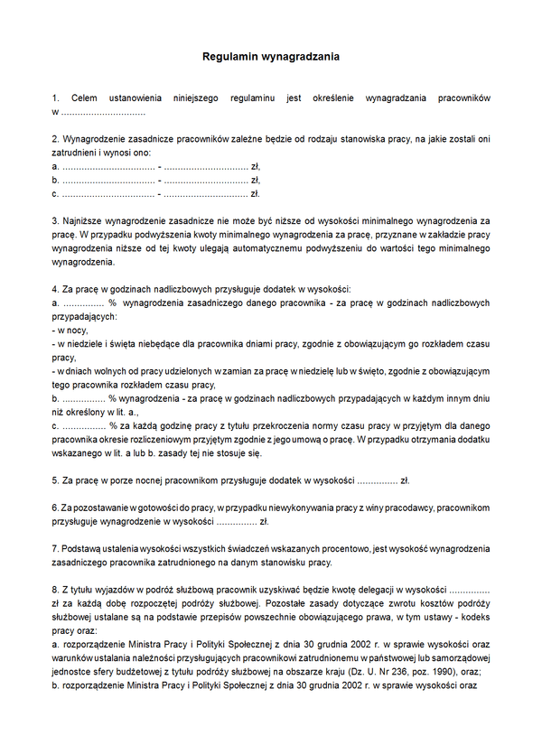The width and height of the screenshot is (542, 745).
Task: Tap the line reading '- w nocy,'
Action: tap(71, 331)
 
